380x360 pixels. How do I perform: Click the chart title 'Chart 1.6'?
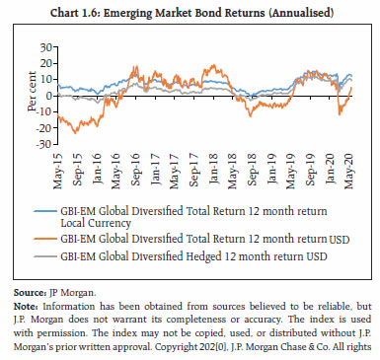pyautogui.click(x=190, y=12)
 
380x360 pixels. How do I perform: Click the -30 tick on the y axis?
pyautogui.click(x=43, y=145)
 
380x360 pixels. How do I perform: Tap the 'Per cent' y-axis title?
pyautogui.click(x=30, y=96)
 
